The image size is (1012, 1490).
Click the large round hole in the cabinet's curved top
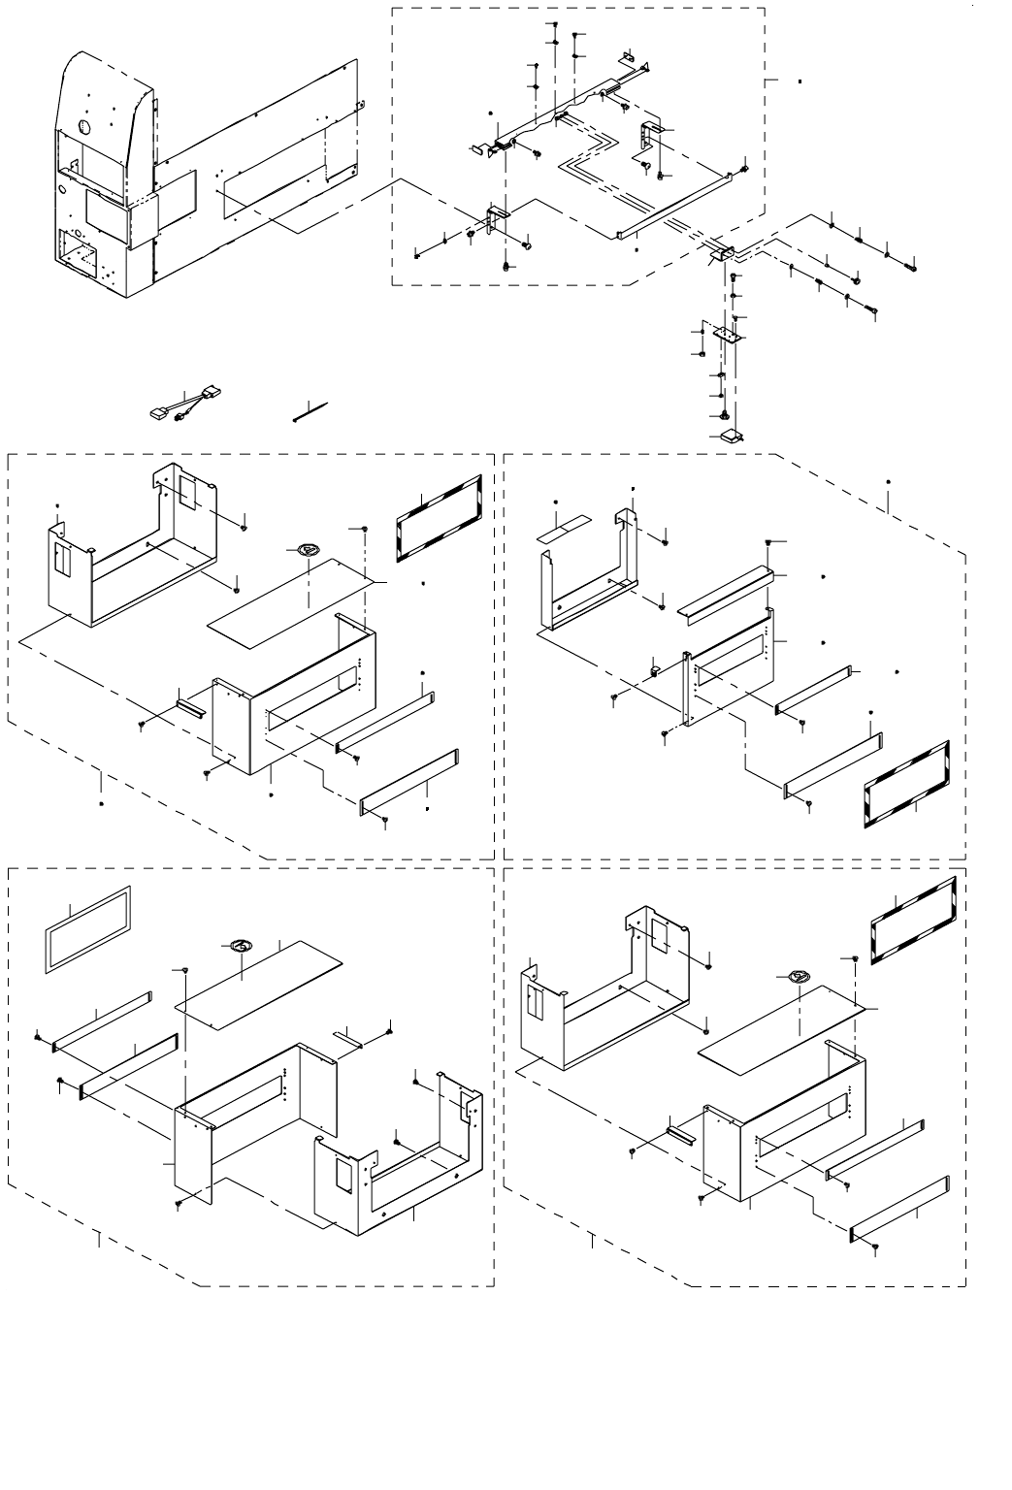point(83,127)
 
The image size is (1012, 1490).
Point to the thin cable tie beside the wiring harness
point(309,410)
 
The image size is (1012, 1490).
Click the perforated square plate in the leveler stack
point(727,334)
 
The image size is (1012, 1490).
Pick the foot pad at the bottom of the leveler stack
point(731,435)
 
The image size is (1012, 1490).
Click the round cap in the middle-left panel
point(306,550)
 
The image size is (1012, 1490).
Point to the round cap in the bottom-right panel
point(798,976)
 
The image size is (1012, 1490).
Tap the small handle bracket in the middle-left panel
point(190,700)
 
